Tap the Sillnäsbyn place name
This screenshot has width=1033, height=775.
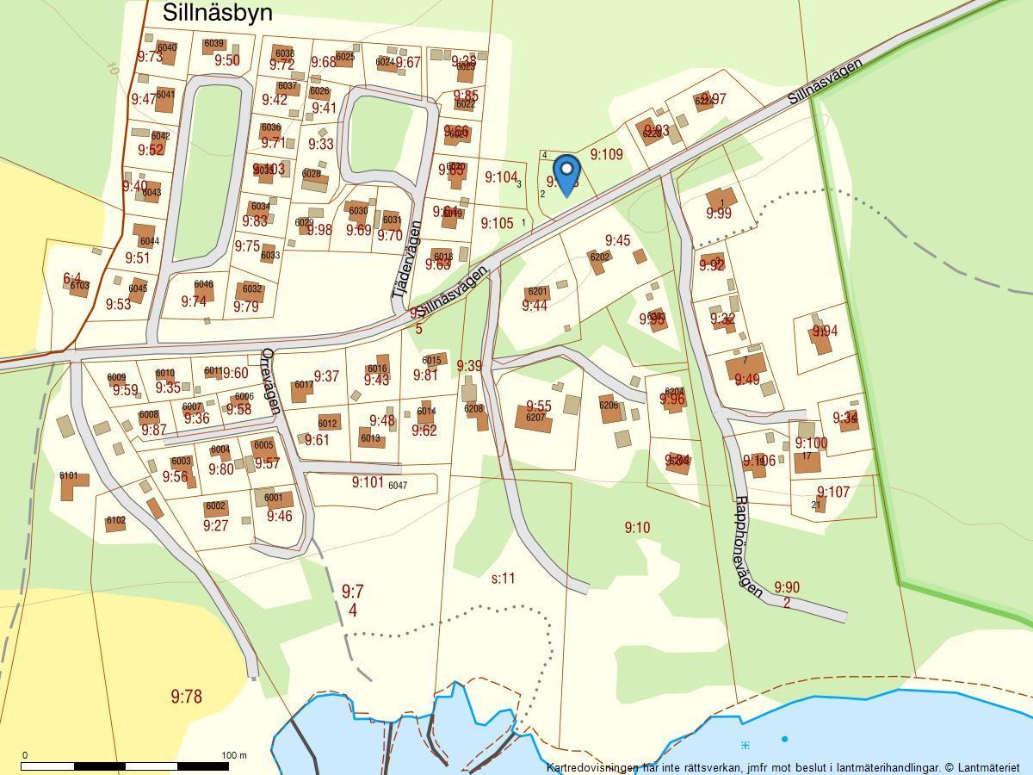[x=217, y=13]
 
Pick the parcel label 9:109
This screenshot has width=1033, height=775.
[x=606, y=155]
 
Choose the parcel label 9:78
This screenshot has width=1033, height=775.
[x=186, y=697]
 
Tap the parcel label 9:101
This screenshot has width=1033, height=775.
[x=368, y=482]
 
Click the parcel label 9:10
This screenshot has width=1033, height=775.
[x=637, y=527]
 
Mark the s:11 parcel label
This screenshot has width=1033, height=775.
[x=503, y=578]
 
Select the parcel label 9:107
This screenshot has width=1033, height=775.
[x=833, y=493]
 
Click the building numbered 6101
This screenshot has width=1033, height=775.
[x=73, y=487]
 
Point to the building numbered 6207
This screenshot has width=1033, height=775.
[x=534, y=418]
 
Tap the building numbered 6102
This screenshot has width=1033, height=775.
[x=115, y=522]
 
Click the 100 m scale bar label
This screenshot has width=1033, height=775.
[x=233, y=755]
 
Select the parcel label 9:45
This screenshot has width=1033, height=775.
[x=617, y=241]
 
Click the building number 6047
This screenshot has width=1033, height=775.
[x=398, y=486]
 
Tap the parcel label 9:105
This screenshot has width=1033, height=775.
[x=497, y=224]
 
